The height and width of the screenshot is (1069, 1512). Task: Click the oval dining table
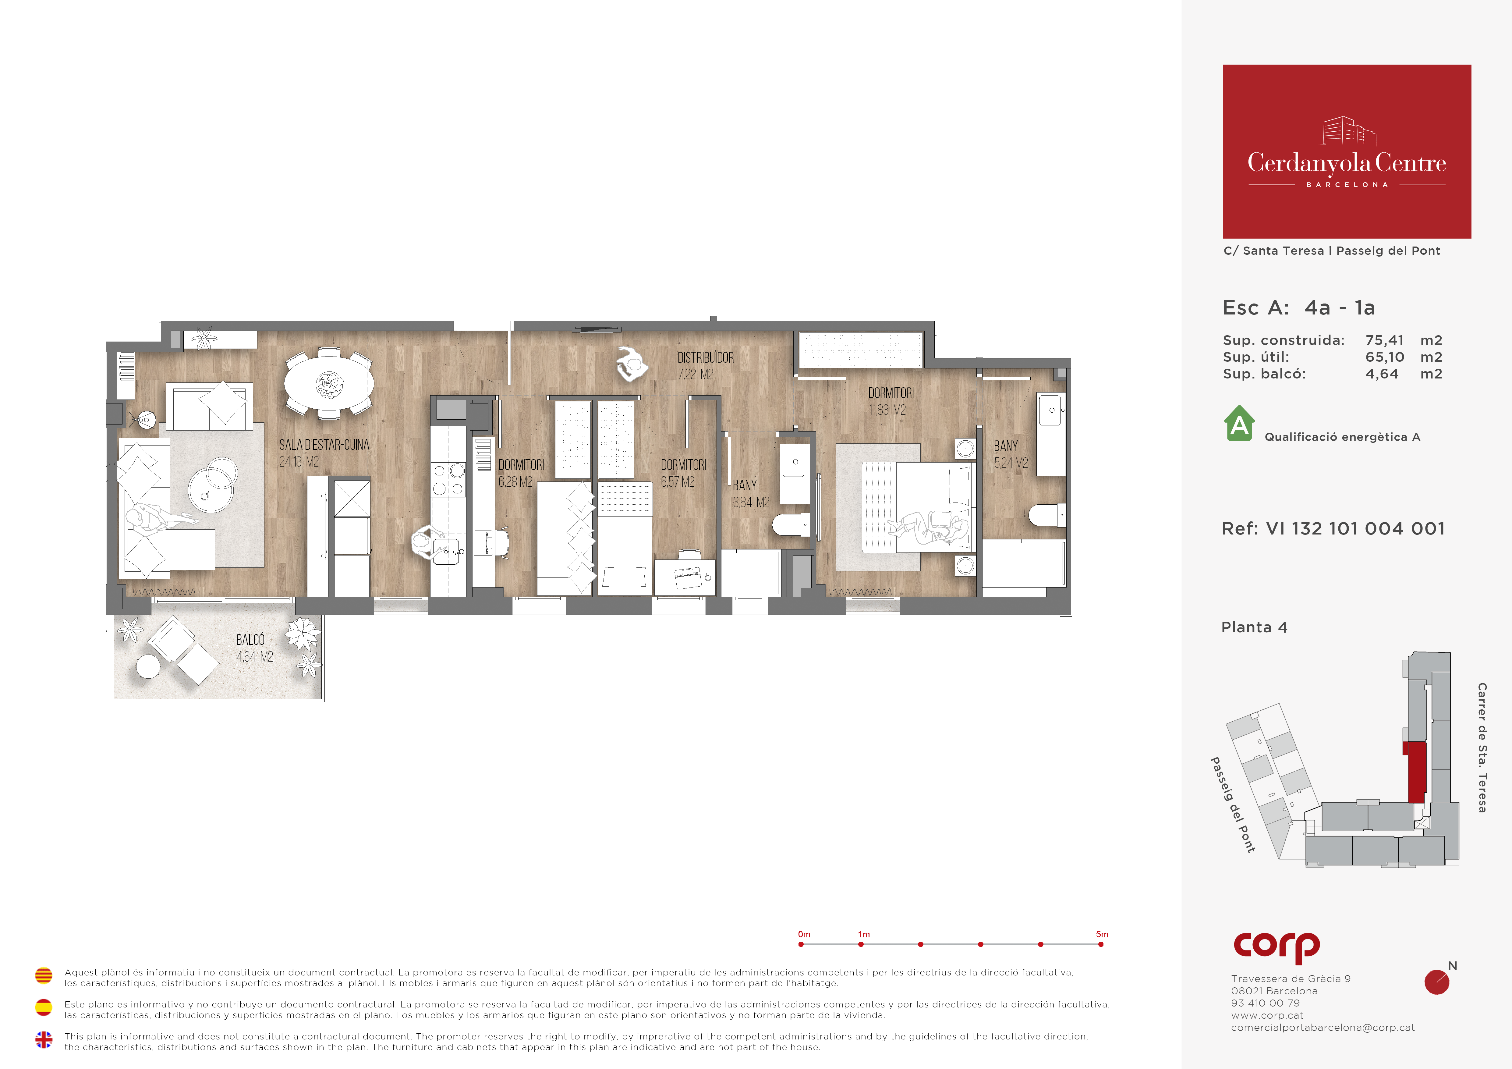pyautogui.click(x=329, y=383)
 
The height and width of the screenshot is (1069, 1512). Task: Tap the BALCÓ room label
pyautogui.click(x=250, y=640)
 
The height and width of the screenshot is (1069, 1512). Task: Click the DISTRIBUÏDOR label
pyautogui.click(x=705, y=358)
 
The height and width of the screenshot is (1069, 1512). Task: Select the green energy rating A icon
pyautogui.click(x=1239, y=423)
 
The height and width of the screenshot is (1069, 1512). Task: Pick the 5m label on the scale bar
pyautogui.click(x=1102, y=934)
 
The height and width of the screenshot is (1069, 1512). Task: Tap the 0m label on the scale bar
pyautogui.click(x=804, y=934)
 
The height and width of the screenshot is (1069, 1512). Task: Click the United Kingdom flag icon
pyautogui.click(x=44, y=1039)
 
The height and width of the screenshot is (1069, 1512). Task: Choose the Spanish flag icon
pyautogui.click(x=44, y=1007)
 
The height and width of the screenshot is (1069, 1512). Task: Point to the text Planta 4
pyautogui.click(x=1254, y=627)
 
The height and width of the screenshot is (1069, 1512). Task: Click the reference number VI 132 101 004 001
pyautogui.click(x=1355, y=528)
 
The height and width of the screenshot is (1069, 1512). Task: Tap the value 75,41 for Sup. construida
pyautogui.click(x=1384, y=340)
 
